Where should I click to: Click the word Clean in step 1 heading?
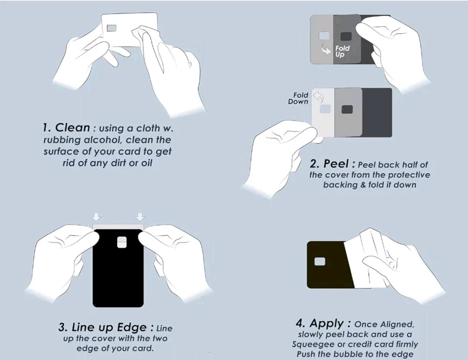pyautogui.click(x=73, y=127)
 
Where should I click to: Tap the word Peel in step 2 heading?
pyautogui.click(x=336, y=163)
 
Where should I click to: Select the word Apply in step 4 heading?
pyautogui.click(x=327, y=323)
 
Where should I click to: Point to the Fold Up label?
pyautogui.click(x=342, y=51)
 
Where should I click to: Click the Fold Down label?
pyautogui.click(x=298, y=98)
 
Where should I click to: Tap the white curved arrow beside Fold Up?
pyautogui.click(x=325, y=50)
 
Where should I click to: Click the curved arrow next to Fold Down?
pyautogui.click(x=318, y=97)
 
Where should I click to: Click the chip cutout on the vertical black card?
pyautogui.click(x=122, y=242)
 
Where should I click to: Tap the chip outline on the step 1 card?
pyautogui.click(x=112, y=28)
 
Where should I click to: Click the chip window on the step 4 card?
pyautogui.click(x=320, y=262)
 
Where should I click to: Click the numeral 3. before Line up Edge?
pyautogui.click(x=63, y=327)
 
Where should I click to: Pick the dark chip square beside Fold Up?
pyautogui.click(x=346, y=37)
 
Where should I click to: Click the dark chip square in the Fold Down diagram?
pyautogui.click(x=347, y=109)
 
